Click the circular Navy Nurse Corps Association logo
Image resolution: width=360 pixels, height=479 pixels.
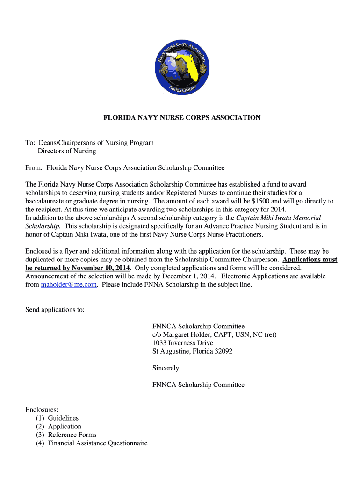[182, 68]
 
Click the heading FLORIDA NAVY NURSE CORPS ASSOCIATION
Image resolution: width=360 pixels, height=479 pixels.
[182, 118]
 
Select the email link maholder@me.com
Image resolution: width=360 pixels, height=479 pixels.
[69, 284]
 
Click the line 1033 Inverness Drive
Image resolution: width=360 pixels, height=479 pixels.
[183, 343]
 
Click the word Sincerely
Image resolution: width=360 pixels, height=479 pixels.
[166, 368]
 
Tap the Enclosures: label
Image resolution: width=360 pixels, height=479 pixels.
[42, 409]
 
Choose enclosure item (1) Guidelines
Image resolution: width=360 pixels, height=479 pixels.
[57, 418]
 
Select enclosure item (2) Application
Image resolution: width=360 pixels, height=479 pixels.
[58, 426]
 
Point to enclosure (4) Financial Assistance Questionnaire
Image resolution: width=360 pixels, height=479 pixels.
[92, 443]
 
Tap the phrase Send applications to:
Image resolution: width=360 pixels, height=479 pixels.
[55, 310]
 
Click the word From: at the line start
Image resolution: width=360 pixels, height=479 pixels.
[34, 167]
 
